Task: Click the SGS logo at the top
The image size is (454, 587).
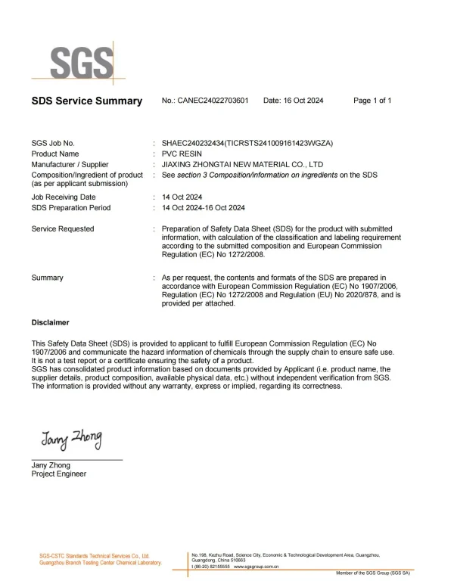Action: click(x=82, y=60)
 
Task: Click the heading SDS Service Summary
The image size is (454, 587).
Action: click(x=86, y=101)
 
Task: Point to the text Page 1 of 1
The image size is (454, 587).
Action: click(x=372, y=101)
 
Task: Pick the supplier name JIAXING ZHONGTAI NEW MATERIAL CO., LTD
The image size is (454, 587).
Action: click(x=238, y=164)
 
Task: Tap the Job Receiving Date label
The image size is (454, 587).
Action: click(x=64, y=197)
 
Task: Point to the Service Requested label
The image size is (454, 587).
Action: click(x=63, y=228)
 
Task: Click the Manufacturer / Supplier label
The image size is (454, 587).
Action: click(x=70, y=164)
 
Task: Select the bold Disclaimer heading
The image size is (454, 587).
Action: click(x=50, y=321)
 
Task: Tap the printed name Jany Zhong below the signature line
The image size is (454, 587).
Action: click(x=51, y=465)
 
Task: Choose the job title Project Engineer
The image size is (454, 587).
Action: click(x=59, y=474)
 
